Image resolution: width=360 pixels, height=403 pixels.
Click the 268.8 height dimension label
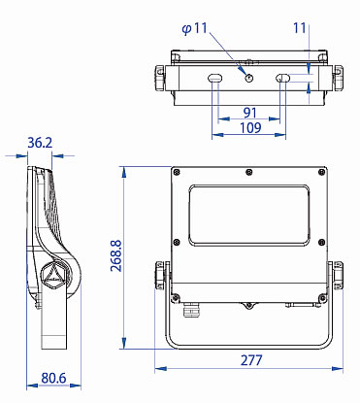click(115, 255)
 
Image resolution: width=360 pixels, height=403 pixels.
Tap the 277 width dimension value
click(251, 360)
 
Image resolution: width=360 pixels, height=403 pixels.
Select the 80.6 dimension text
click(53, 378)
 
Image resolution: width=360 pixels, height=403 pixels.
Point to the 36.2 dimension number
click(40, 143)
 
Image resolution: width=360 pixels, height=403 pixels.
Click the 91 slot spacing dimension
click(250, 113)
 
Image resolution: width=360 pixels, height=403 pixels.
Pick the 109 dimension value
click(250, 128)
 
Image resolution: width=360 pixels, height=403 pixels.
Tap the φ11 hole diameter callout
click(194, 28)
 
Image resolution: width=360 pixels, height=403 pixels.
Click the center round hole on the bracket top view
click(249, 78)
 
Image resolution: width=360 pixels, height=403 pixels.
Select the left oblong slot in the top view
click(214, 78)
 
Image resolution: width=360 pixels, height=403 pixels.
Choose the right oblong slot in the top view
click(282, 78)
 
